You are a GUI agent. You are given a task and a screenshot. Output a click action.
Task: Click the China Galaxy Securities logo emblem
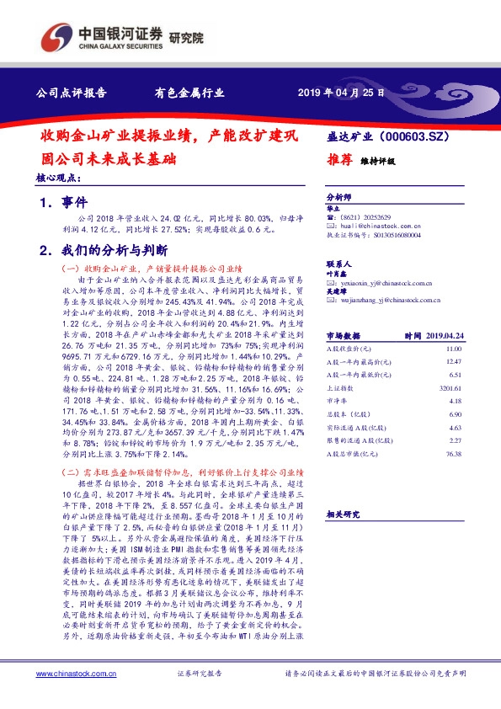click(x=56, y=37)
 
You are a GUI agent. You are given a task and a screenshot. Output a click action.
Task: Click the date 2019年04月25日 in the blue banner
click(x=342, y=93)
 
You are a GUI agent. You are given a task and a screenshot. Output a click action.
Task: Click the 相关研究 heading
click(x=343, y=513)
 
